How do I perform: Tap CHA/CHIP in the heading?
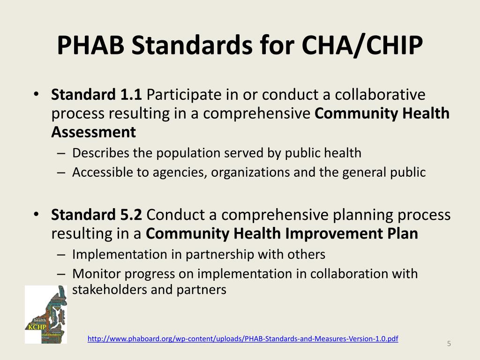click(362, 45)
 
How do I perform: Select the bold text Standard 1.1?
click(97, 95)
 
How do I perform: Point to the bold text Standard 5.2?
click(97, 215)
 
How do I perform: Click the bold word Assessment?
click(94, 133)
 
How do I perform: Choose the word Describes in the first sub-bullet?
click(97, 153)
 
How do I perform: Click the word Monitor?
click(95, 274)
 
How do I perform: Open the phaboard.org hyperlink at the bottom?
click(243, 338)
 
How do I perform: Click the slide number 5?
click(449, 345)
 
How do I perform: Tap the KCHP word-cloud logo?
click(45, 315)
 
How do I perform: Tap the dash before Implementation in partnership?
click(63, 255)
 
